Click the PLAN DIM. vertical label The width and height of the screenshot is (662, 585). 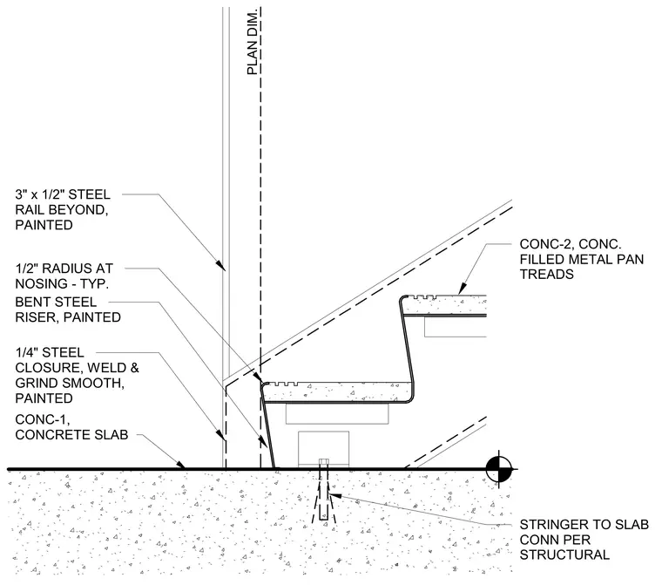coord(252,42)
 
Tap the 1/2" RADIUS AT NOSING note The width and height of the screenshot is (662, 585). coord(64,276)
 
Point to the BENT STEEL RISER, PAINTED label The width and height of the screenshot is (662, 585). coord(68,310)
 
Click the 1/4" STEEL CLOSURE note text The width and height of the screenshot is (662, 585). coord(77,376)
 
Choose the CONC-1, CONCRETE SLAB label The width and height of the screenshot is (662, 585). coord(71,427)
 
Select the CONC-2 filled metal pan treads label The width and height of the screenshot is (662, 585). coord(581,259)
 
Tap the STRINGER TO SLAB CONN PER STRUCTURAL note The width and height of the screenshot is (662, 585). coord(584,540)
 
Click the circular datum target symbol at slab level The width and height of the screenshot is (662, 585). coord(498,469)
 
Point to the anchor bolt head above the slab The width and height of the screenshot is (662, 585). coord(324,461)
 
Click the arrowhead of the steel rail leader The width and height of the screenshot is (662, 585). coord(220,265)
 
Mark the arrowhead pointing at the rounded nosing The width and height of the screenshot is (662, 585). coord(258,377)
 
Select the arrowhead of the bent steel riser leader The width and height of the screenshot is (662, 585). coord(264,441)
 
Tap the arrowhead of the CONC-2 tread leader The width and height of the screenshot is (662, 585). coord(462,289)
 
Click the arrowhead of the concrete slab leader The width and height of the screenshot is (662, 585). coord(180,464)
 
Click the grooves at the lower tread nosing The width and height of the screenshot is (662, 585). coord(283,384)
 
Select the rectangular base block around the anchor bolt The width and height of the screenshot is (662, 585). coord(324,449)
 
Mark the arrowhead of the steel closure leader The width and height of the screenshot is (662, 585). coord(220,435)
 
